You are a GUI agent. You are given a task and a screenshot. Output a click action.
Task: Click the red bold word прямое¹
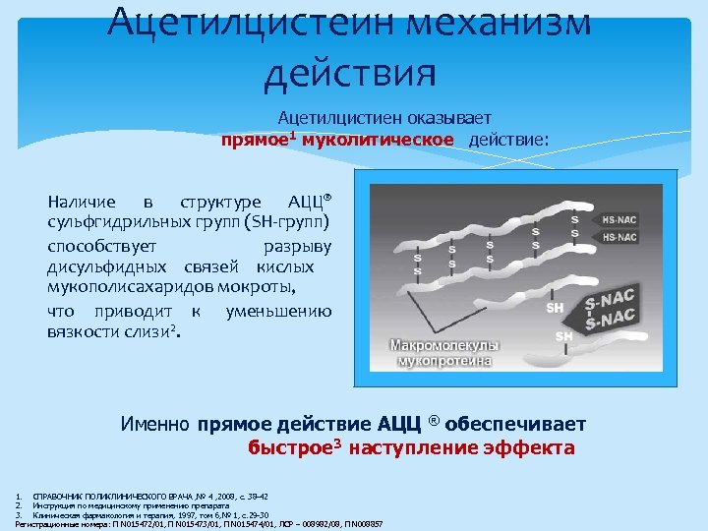(258, 140)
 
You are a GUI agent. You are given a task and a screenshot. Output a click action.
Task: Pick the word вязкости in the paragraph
(85, 333)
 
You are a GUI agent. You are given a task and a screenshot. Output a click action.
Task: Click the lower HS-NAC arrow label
(619, 237)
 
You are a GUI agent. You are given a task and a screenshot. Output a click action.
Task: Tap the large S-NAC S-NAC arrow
(611, 308)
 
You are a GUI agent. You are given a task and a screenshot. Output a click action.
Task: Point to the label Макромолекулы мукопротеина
(445, 353)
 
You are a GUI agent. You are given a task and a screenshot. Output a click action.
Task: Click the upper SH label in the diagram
(556, 308)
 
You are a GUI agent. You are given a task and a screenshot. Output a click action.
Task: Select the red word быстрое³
(288, 448)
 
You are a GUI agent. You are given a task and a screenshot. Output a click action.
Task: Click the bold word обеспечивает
(515, 425)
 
